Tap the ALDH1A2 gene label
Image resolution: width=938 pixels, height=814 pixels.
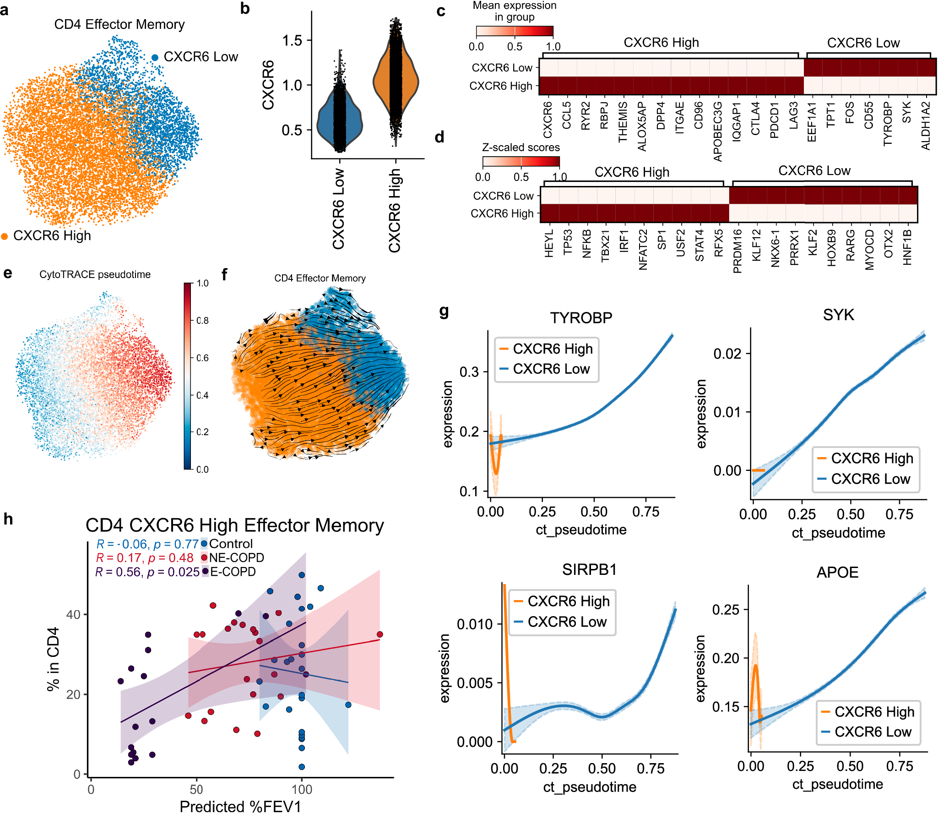coord(926,126)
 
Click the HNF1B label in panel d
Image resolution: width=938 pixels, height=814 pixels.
coord(907,247)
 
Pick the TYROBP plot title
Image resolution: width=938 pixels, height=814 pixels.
coord(581,317)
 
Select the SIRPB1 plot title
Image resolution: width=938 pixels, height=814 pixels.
coord(589,569)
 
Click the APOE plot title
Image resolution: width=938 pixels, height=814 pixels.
coord(837,572)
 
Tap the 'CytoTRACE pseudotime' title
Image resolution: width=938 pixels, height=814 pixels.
coord(95,274)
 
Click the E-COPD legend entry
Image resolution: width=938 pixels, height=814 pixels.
coord(233,572)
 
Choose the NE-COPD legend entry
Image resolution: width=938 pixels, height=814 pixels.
coord(236,557)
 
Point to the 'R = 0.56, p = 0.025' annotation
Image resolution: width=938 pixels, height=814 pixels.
coord(147,572)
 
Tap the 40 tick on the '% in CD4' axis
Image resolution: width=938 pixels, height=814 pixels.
coord(73,614)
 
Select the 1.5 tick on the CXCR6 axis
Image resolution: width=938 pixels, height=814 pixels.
coord(292,40)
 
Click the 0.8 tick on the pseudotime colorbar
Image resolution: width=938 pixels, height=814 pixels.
coord(202,320)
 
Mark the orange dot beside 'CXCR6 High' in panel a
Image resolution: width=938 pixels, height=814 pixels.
coord(5,236)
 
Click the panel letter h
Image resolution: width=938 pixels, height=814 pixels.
coord(8,519)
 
